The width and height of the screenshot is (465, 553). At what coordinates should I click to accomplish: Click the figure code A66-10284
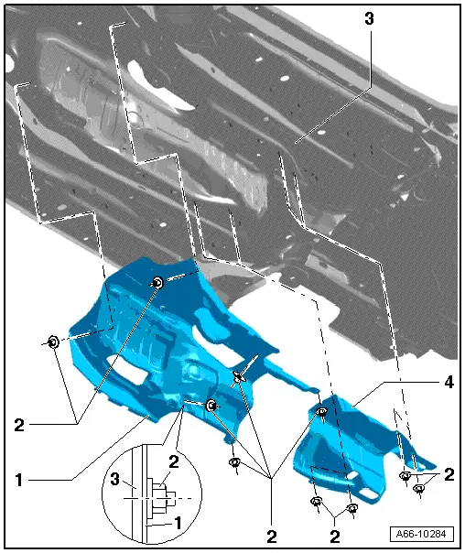click(x=421, y=534)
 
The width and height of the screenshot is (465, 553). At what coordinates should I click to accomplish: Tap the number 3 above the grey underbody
click(x=369, y=18)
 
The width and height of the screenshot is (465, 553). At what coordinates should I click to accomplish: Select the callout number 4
click(x=449, y=382)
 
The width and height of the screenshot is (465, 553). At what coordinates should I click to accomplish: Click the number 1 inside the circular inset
click(x=178, y=523)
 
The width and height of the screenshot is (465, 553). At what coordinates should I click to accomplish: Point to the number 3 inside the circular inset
click(x=115, y=479)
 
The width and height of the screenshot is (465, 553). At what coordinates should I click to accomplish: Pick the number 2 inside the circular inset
click(x=174, y=461)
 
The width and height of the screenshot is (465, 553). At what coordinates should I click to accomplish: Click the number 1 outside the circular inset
click(x=19, y=480)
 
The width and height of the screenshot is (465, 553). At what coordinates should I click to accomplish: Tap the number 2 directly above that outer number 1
click(x=19, y=425)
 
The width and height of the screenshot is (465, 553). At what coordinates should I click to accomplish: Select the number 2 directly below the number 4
click(x=449, y=474)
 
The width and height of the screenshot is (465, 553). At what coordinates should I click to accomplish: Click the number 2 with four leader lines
click(x=272, y=537)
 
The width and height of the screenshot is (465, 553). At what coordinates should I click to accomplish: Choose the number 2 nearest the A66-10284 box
click(x=334, y=537)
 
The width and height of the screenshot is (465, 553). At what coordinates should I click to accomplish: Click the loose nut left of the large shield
click(x=53, y=342)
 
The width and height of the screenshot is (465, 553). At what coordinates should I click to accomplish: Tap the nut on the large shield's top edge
click(x=157, y=283)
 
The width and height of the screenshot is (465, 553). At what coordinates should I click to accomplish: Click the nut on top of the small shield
click(x=322, y=411)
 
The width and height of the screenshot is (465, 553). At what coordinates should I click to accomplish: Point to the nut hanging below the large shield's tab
click(x=235, y=461)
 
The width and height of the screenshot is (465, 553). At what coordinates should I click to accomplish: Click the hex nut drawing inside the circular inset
click(x=160, y=498)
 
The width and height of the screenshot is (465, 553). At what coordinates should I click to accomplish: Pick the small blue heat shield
click(x=352, y=448)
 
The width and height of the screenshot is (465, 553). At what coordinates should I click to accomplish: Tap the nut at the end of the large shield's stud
click(x=211, y=406)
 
